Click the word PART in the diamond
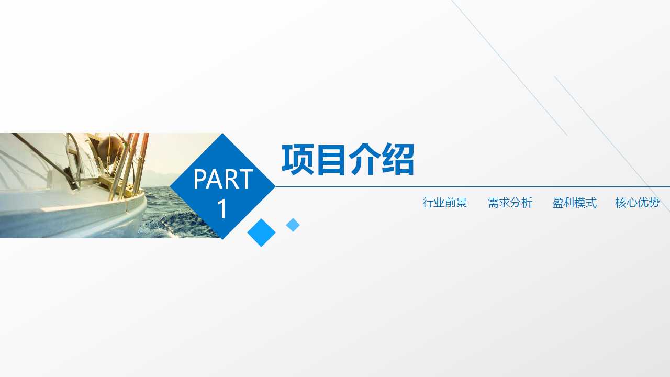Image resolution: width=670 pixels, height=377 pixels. (223, 180)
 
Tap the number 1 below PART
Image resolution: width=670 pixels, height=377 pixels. (222, 209)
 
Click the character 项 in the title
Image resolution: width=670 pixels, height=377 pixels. (297, 159)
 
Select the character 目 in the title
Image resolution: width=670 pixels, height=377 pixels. (331, 159)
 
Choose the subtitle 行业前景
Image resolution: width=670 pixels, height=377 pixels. (444, 203)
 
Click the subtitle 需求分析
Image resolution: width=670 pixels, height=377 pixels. (510, 203)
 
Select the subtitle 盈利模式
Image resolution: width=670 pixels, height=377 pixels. (574, 203)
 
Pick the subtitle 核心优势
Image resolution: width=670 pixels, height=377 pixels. (637, 203)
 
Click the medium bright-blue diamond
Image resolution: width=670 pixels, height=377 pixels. (261, 232)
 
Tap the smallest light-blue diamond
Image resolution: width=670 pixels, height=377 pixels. (293, 225)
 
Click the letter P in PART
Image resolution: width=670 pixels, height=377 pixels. (199, 180)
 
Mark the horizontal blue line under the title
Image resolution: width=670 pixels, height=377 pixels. (471, 186)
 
